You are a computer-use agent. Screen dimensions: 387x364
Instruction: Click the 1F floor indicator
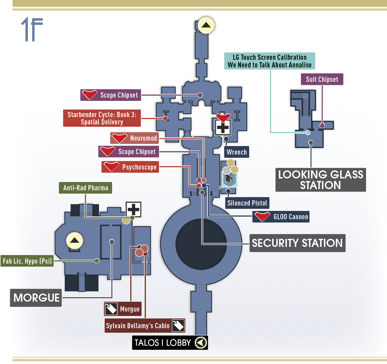click(x=32, y=29)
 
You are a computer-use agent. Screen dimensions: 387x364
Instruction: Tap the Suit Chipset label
click(x=322, y=79)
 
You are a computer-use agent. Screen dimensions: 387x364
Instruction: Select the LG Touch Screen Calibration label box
click(x=269, y=61)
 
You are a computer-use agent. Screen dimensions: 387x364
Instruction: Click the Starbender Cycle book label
click(x=102, y=118)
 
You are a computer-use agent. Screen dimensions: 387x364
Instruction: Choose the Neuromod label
click(x=134, y=138)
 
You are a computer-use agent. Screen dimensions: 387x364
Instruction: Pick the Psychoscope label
click(x=130, y=167)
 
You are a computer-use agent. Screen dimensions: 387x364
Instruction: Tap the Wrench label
click(x=237, y=152)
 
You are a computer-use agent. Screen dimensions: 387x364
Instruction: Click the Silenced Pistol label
click(x=247, y=203)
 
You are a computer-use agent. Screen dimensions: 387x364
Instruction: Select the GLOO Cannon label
click(x=281, y=217)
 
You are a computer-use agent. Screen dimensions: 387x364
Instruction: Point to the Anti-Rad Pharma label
click(x=86, y=188)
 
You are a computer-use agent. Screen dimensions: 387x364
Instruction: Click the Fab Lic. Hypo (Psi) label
click(x=27, y=261)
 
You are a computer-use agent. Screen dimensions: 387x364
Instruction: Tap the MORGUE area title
click(x=36, y=298)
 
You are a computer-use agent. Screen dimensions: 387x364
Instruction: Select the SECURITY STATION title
click(x=297, y=243)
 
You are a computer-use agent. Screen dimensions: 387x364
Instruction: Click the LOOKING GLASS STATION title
click(x=321, y=180)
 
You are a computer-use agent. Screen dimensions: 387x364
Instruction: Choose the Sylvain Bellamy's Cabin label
click(x=145, y=326)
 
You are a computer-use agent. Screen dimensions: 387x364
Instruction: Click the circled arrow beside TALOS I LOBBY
click(x=201, y=343)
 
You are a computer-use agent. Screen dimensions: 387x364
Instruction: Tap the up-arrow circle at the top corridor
click(x=206, y=25)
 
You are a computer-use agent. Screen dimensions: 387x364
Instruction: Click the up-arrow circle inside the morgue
click(x=74, y=240)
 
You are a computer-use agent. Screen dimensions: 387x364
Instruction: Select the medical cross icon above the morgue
click(x=133, y=209)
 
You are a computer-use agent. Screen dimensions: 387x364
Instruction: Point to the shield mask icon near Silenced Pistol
click(x=230, y=179)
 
